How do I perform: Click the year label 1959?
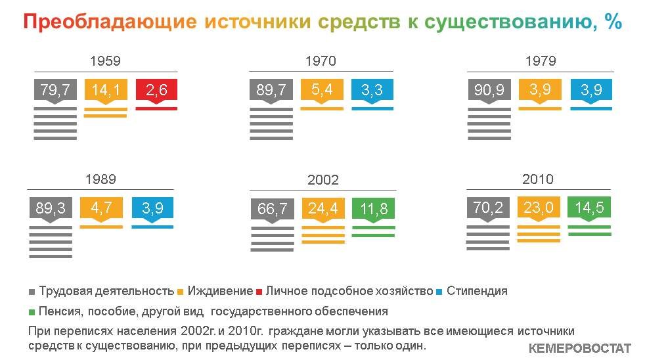coord(105,61)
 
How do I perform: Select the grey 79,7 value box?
coord(55,90)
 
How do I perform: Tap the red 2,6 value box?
coord(156,90)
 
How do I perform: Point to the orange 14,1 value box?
coord(106,90)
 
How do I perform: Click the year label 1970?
coord(321,61)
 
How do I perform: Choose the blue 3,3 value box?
coord(372,90)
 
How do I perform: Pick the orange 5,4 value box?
coord(322,90)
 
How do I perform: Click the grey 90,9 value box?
coord(489,90)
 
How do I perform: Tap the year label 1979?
coord(541,61)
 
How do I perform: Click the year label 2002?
coord(323,180)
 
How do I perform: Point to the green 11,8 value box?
coord(374,210)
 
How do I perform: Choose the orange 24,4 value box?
coord(323,210)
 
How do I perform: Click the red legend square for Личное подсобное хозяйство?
coord(259,292)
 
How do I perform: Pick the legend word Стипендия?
coord(477,291)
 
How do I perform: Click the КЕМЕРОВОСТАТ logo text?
coord(579,348)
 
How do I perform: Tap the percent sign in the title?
coord(613,21)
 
